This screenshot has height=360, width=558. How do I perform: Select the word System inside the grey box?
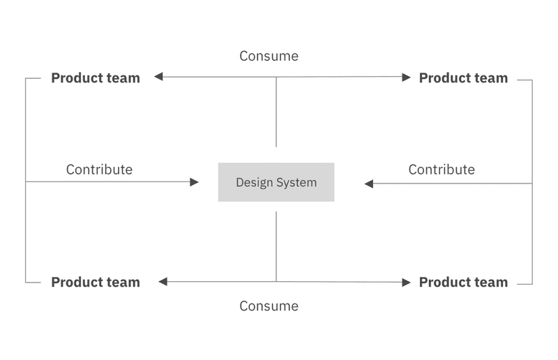tap(296, 183)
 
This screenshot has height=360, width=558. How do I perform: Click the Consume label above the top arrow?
tap(269, 56)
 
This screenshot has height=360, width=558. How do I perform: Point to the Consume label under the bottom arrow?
tap(269, 306)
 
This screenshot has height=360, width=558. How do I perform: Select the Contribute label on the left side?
tap(99, 170)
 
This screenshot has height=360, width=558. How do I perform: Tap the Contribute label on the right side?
tap(442, 170)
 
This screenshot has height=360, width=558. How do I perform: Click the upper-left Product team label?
tap(96, 78)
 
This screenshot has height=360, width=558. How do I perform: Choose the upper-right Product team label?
tap(463, 78)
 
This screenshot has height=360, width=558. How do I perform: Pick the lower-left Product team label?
tap(96, 283)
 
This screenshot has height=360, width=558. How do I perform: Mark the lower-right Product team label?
tap(463, 283)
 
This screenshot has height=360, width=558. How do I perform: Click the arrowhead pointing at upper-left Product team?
tap(158, 77)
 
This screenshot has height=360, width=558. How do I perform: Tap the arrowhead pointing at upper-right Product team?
tap(407, 77)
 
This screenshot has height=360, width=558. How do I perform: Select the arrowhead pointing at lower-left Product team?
tap(163, 282)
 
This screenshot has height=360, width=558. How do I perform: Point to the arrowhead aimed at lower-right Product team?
tap(407, 283)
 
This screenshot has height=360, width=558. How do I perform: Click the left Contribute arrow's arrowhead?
tap(195, 182)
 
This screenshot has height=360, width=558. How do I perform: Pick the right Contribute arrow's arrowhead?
tap(369, 183)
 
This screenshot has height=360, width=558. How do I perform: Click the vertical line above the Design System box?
tap(276, 112)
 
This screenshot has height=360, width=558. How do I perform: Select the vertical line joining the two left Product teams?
tap(26, 230)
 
